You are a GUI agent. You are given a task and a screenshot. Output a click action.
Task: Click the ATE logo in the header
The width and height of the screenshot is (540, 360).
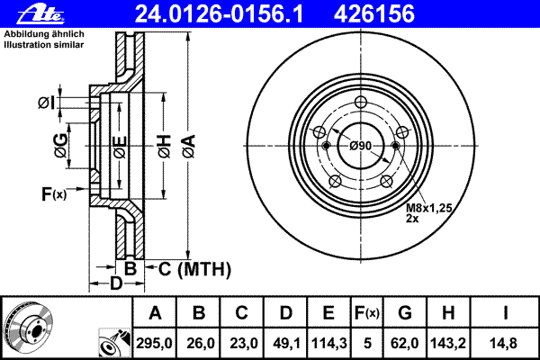click(40, 14)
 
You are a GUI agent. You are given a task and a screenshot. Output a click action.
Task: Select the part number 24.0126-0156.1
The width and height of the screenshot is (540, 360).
click(219, 14)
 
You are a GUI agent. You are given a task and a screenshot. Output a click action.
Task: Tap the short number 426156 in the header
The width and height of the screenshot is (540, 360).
click(374, 14)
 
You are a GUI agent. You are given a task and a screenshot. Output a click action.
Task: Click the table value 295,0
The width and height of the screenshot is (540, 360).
click(154, 343)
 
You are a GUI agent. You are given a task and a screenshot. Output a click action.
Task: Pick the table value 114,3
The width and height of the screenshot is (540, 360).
click(328, 343)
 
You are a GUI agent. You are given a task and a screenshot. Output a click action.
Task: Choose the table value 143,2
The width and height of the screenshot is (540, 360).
click(448, 343)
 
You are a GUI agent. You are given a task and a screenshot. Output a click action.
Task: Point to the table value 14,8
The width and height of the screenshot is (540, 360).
click(503, 343)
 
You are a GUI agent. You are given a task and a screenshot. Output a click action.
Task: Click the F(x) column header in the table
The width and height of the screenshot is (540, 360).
click(367, 313)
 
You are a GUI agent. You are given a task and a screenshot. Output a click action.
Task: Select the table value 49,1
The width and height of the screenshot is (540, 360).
click(286, 343)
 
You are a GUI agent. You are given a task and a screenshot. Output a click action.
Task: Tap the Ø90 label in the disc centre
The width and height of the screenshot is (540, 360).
click(361, 146)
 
